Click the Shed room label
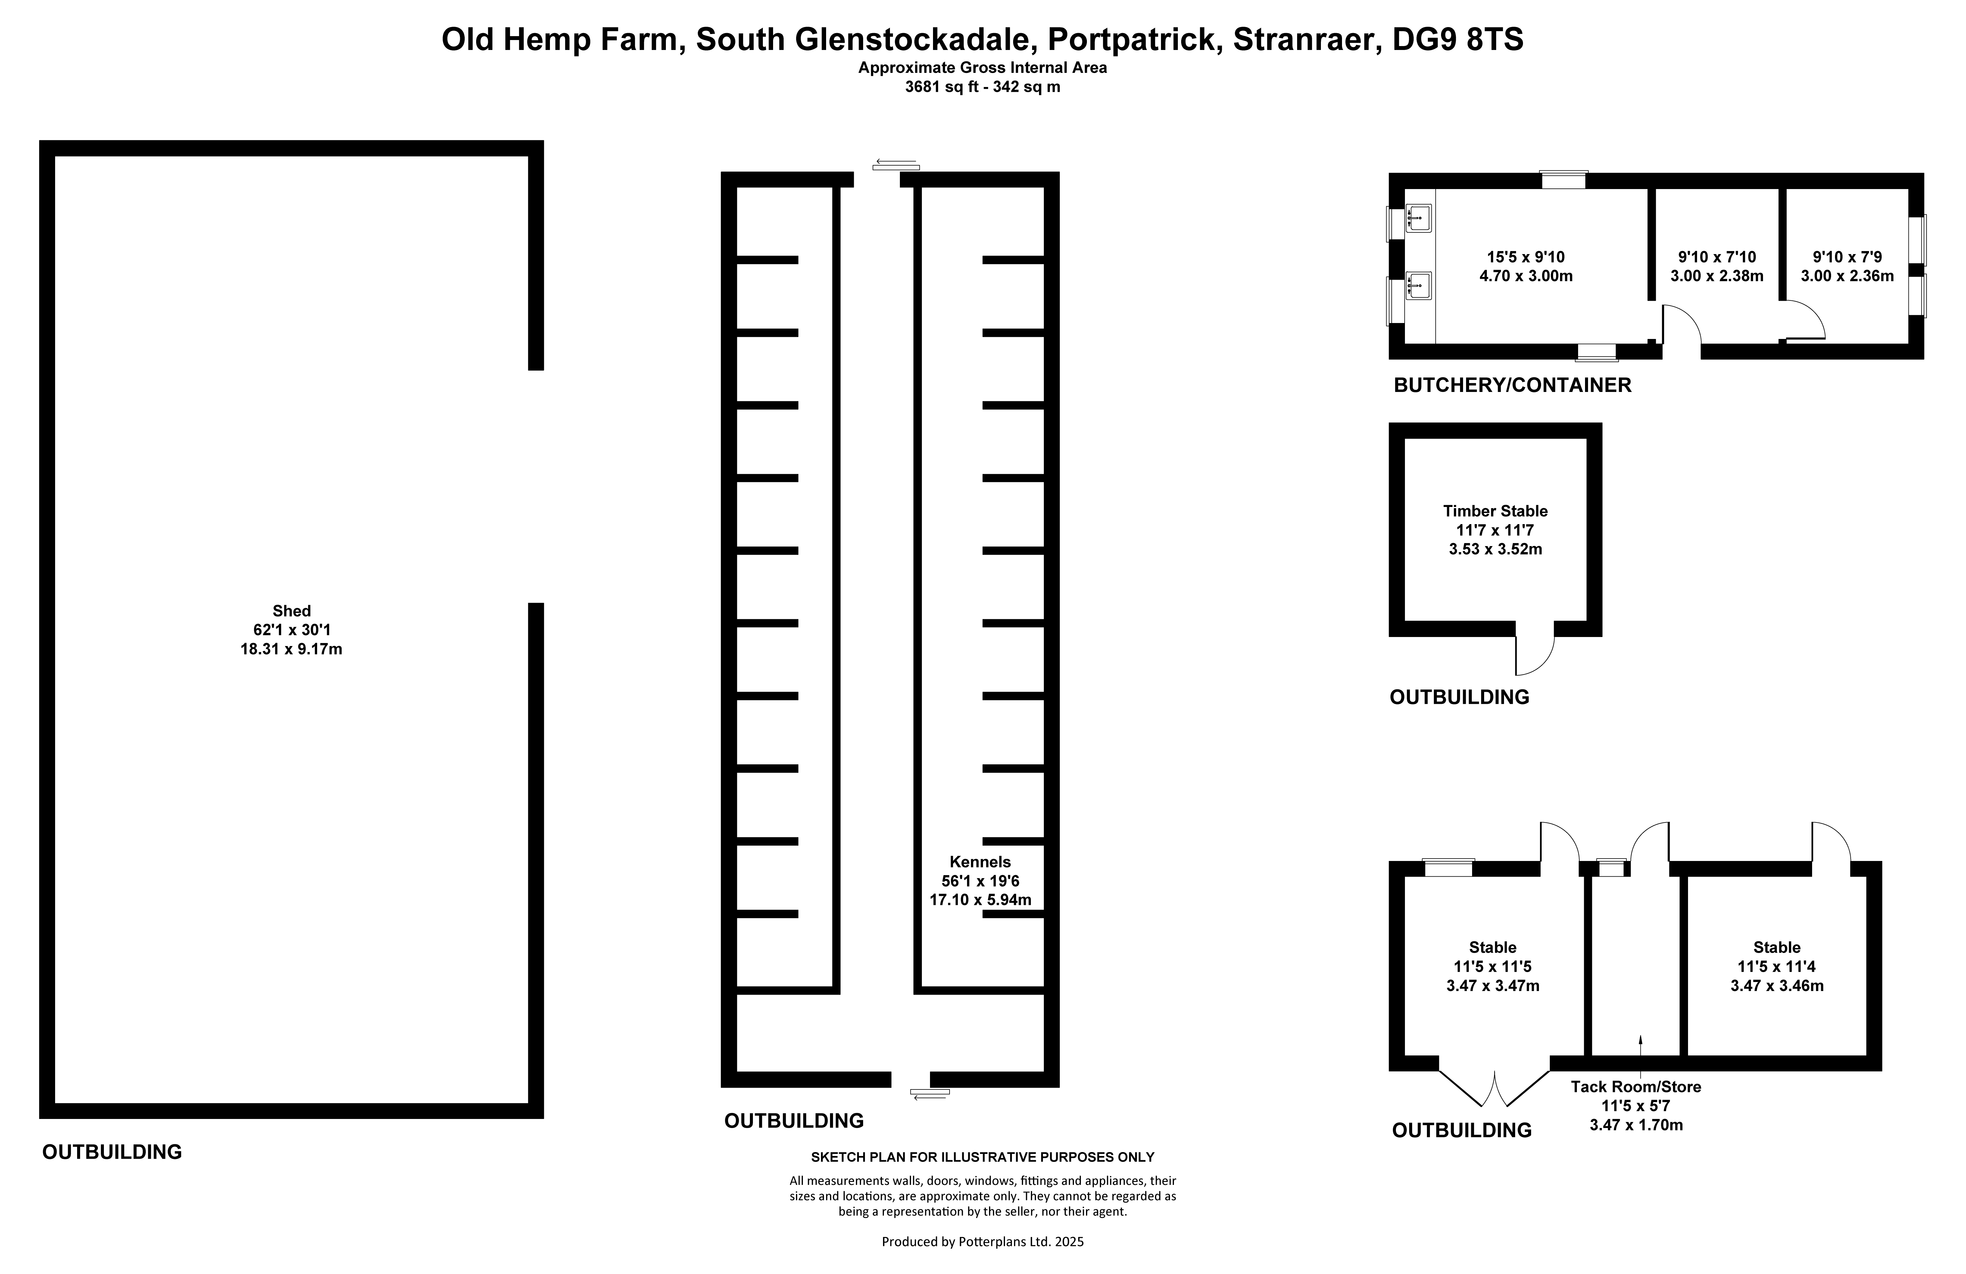292,611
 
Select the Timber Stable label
1495,511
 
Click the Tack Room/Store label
1636,1086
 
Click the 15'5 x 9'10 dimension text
1526,257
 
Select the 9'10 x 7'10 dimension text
1717,257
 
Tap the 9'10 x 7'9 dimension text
1847,257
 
